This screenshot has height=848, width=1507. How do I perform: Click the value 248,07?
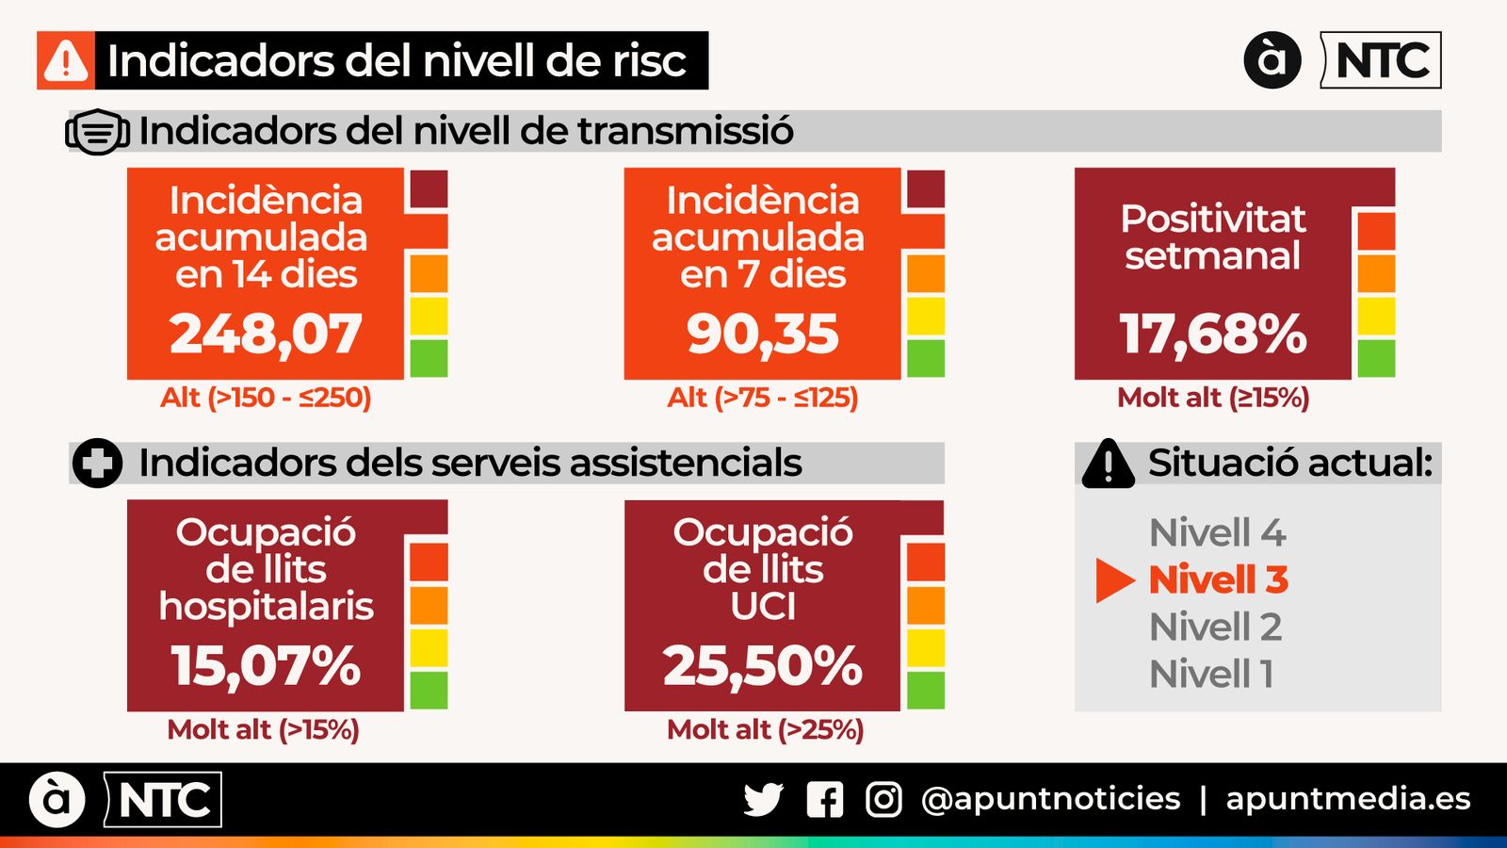(x=266, y=334)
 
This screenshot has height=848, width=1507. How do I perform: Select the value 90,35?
(x=762, y=334)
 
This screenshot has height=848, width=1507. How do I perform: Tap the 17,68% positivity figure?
(x=1213, y=334)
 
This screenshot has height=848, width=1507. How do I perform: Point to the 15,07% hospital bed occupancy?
(x=266, y=665)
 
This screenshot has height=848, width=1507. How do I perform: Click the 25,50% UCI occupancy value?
(x=762, y=665)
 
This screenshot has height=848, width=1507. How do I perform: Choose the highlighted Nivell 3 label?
(x=1218, y=579)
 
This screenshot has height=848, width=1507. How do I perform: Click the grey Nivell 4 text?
(x=1217, y=533)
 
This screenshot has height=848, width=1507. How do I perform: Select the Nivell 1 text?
(x=1211, y=674)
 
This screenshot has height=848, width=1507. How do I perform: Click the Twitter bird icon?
(x=763, y=800)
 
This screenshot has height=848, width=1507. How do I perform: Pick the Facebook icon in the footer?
(x=825, y=800)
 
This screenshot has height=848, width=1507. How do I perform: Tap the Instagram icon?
(x=883, y=800)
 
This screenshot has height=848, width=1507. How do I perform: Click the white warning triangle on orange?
(x=66, y=61)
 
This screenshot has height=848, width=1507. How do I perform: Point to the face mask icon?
(x=97, y=132)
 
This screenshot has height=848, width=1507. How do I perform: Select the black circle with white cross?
(x=97, y=464)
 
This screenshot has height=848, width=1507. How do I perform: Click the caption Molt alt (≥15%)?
(x=1213, y=398)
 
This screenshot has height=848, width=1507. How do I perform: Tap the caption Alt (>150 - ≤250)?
(x=266, y=398)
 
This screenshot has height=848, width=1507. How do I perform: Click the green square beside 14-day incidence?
(x=429, y=359)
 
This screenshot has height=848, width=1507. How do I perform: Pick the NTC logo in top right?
(x=1381, y=60)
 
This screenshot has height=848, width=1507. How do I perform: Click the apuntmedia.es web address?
(x=1348, y=799)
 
